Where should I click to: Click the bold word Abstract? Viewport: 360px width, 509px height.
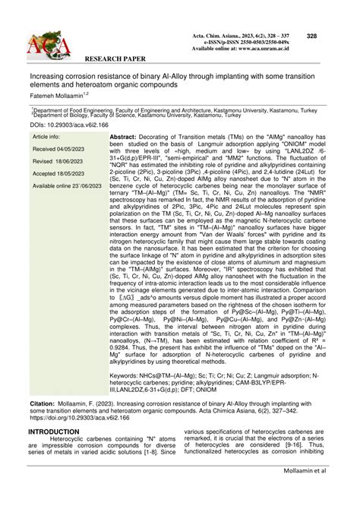pos(127,136)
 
